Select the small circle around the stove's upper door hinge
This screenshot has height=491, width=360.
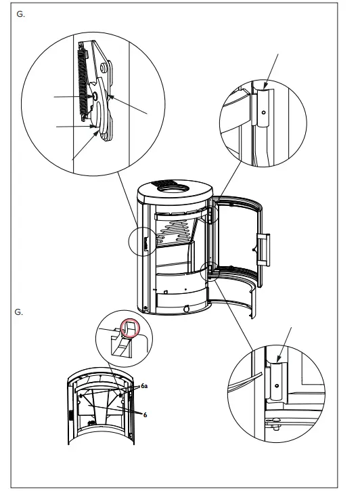click(x=212, y=212)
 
